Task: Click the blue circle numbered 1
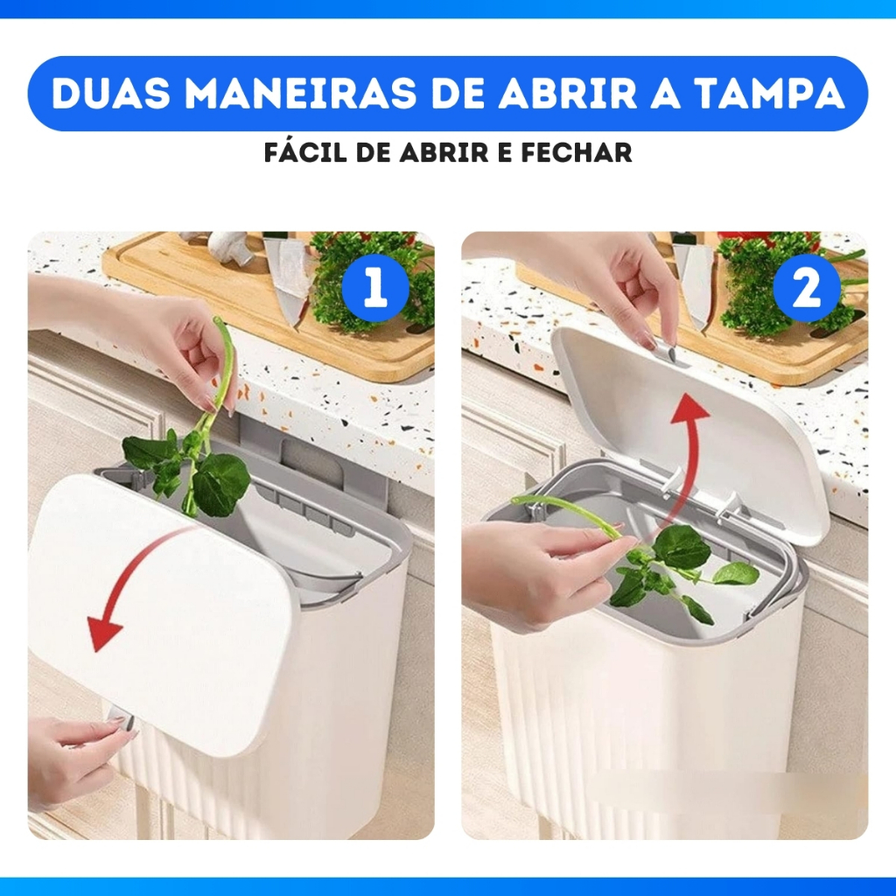pos(374,288)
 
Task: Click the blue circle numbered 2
pos(807,288)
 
